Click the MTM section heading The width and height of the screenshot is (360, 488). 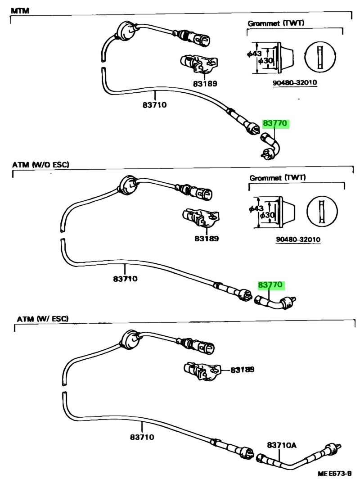(x=20, y=11)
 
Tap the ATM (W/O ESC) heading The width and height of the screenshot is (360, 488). (x=40, y=165)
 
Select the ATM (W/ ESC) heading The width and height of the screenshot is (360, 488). (x=42, y=319)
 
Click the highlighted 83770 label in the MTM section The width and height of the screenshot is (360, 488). (x=275, y=123)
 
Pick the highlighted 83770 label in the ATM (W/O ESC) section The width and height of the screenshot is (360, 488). (x=270, y=285)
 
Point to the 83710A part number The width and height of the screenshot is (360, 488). (x=282, y=445)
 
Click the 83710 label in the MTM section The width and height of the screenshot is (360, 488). (x=155, y=105)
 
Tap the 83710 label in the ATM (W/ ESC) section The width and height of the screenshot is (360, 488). (x=142, y=437)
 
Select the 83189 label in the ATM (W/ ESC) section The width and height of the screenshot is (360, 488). (x=243, y=370)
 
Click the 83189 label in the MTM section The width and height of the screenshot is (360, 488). (x=205, y=84)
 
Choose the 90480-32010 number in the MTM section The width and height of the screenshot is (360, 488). (x=295, y=83)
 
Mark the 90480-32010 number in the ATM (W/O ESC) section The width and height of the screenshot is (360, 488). (x=298, y=239)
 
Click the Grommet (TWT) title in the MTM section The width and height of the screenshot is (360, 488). (x=276, y=23)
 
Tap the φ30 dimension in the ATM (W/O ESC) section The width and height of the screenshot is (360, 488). (x=267, y=215)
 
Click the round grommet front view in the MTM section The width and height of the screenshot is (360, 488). (x=320, y=57)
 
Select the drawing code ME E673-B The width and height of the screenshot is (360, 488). (x=334, y=474)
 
